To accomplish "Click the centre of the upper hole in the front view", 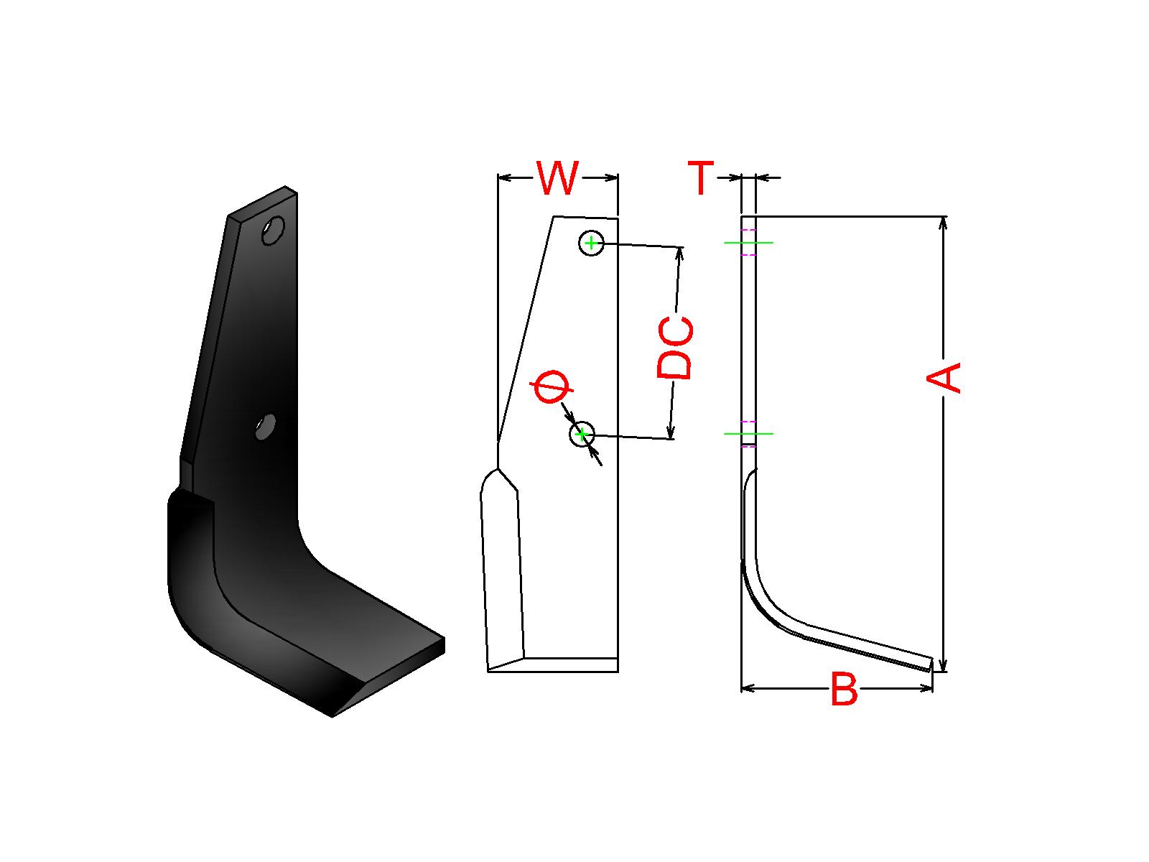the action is click(x=591, y=243).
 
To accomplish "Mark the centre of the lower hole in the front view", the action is click(x=582, y=435).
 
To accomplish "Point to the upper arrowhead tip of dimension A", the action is click(x=944, y=217).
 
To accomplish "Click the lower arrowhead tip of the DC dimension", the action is click(x=670, y=439).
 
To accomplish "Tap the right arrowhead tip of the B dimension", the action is click(x=933, y=688).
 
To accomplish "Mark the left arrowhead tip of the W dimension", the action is click(x=498, y=178).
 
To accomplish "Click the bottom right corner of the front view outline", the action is click(x=618, y=672).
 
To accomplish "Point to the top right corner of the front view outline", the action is click(x=618, y=218).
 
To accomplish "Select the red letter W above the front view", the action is click(x=557, y=178).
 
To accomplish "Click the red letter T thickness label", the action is click(x=701, y=178).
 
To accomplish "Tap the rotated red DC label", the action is click(x=675, y=348).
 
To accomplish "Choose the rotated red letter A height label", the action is click(x=944, y=377).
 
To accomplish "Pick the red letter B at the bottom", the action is click(x=845, y=689).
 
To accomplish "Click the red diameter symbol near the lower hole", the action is click(x=552, y=387).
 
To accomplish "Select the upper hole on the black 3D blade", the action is click(x=273, y=231).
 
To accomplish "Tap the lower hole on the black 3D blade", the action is click(x=266, y=427).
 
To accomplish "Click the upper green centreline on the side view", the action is click(x=748, y=243).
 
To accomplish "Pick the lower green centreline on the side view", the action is click(x=748, y=434).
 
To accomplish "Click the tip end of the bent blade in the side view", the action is click(x=931, y=664).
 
